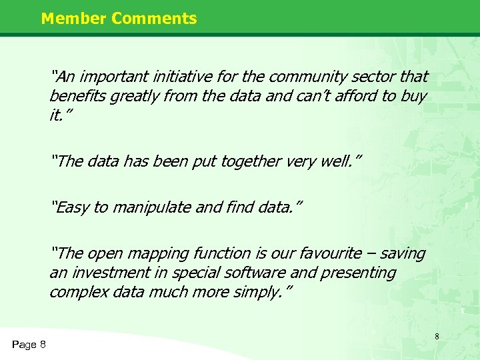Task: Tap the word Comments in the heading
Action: point(154,18)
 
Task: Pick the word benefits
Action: point(77,96)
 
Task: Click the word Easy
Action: point(73,207)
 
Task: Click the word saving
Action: point(400,253)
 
